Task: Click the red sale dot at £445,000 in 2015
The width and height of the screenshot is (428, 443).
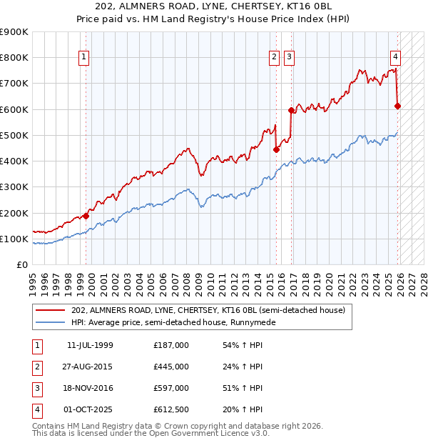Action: point(276,149)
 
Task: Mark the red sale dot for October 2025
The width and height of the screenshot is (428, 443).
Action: point(397,106)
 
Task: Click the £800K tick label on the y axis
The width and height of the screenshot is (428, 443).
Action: point(14,58)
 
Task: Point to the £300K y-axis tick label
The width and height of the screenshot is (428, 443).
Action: point(14,187)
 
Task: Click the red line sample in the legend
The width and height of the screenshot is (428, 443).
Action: point(50,311)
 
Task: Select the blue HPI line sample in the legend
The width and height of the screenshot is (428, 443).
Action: point(50,322)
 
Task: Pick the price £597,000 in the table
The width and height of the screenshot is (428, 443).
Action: point(171,388)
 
